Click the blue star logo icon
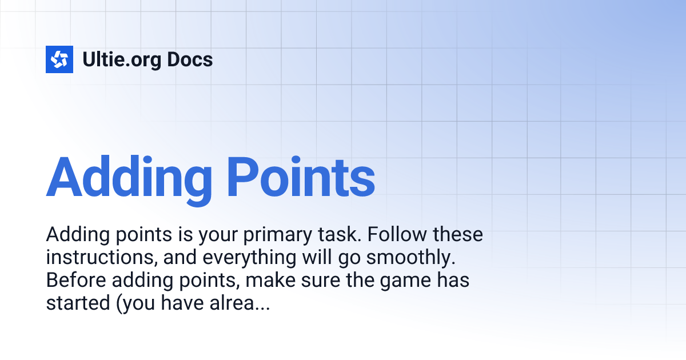tap(59, 59)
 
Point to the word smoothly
tap(409, 258)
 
